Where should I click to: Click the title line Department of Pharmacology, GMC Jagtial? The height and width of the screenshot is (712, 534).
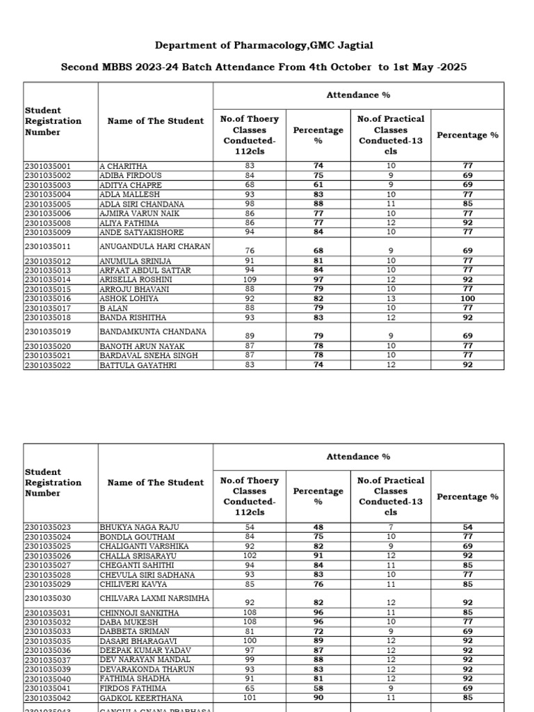coord(264,45)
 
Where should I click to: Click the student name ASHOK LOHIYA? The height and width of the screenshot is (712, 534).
coord(129,298)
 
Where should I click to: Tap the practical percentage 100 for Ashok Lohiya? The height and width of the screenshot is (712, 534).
coord(467,298)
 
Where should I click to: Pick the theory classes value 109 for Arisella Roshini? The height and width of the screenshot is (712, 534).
coord(249,280)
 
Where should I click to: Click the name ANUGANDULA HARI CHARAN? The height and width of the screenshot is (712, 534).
coord(154,246)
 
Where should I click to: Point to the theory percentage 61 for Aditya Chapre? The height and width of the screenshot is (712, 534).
coord(318,186)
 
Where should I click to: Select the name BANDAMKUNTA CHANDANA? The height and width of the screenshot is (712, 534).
coord(152,332)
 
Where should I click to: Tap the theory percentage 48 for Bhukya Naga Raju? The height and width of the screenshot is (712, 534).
coord(318,528)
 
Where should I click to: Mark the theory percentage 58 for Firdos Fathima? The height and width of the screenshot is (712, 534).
coord(318,688)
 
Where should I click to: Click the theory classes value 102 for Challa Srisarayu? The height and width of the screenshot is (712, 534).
coord(249,556)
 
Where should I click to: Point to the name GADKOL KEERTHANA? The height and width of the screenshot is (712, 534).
coord(141,698)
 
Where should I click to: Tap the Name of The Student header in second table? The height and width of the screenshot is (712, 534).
coord(156,483)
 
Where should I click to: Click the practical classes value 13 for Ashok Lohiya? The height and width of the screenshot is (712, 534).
coord(391,298)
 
